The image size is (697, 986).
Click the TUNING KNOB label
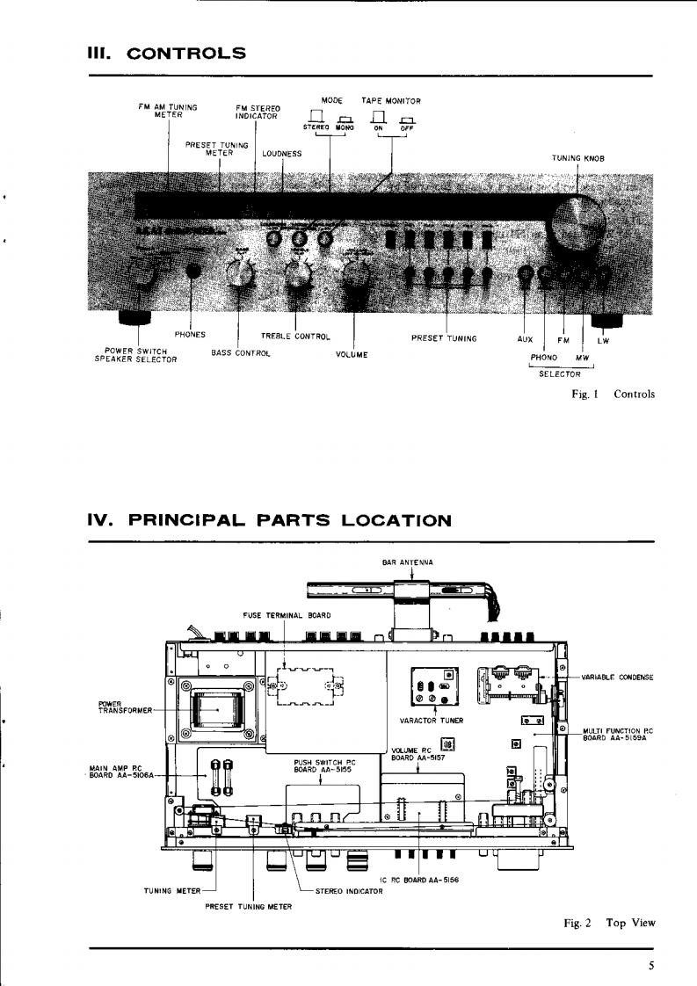coord(577,158)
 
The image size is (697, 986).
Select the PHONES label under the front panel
coord(190,334)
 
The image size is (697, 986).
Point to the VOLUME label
coord(352,354)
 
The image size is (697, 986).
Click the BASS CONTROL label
coord(240,353)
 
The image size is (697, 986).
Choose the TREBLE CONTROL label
coord(294,336)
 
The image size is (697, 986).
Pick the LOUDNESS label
coord(281,153)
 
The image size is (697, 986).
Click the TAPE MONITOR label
coord(391,101)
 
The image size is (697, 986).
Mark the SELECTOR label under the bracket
coord(559,374)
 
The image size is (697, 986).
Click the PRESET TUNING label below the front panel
coord(444,337)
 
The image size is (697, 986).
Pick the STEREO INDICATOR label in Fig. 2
coord(350,891)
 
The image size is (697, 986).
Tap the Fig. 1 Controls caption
coord(613,394)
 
